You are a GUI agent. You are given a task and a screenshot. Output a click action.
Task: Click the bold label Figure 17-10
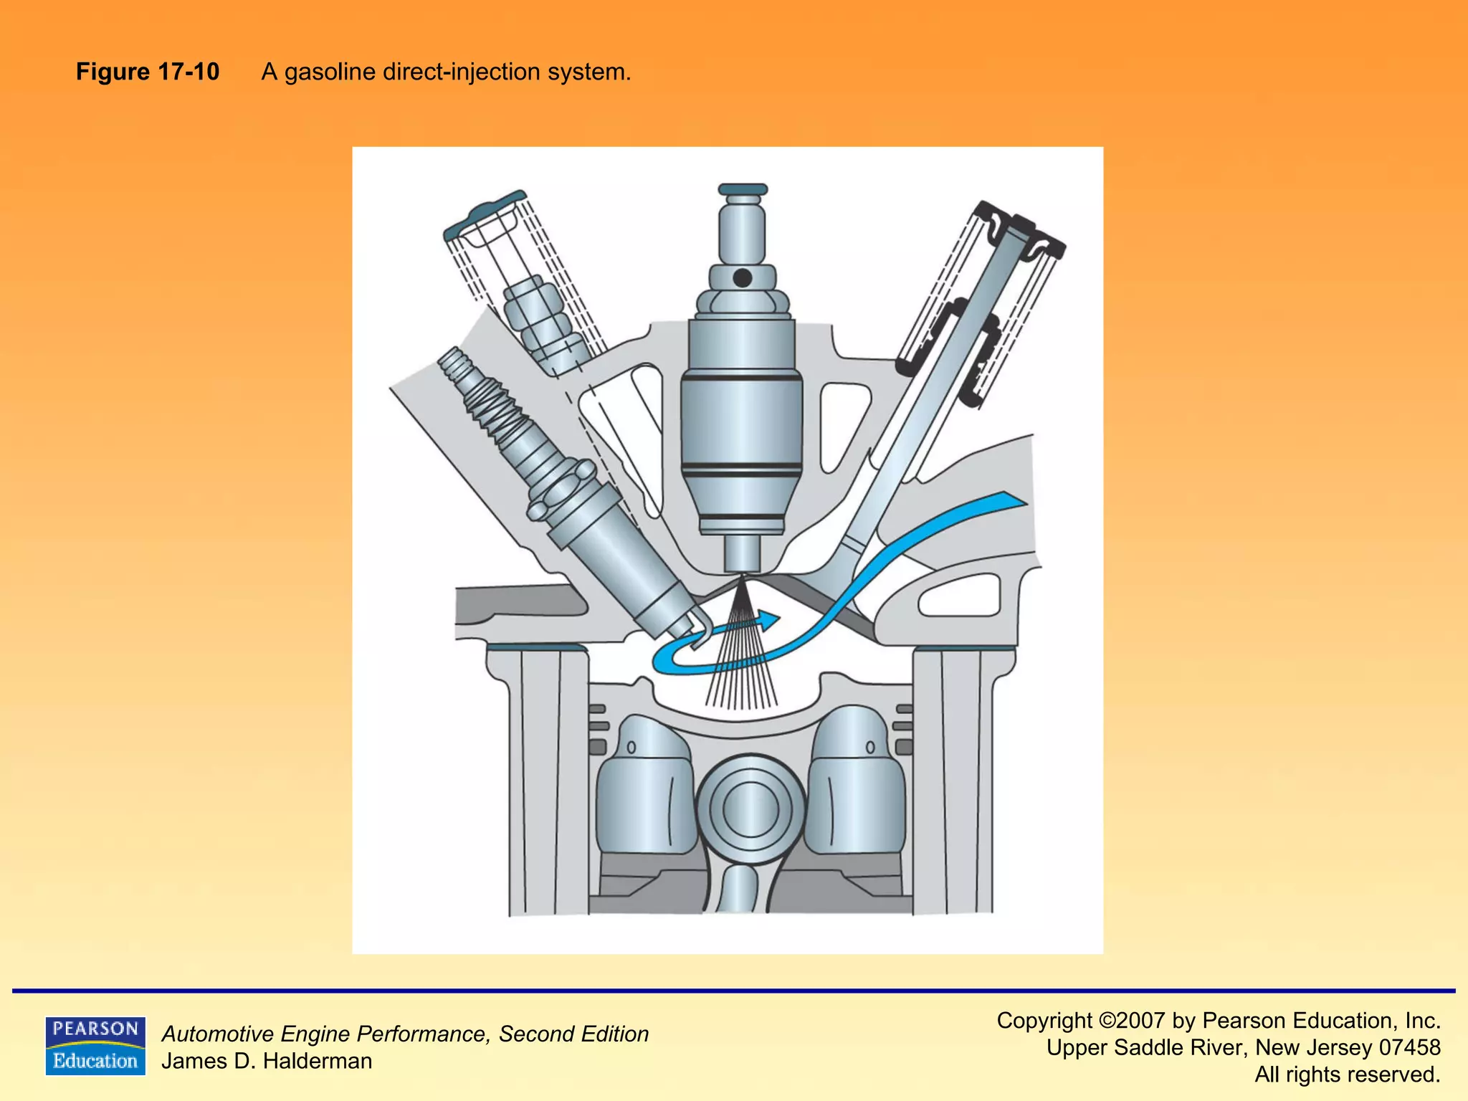coord(147,72)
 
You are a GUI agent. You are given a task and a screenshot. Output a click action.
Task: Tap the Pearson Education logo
coord(95,1046)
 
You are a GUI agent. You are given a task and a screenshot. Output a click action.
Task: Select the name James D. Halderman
coord(267,1061)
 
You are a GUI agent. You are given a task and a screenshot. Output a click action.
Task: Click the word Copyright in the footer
coord(1044,1020)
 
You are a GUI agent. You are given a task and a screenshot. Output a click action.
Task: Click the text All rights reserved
coord(1347,1074)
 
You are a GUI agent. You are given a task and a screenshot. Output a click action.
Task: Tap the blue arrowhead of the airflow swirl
coord(770,620)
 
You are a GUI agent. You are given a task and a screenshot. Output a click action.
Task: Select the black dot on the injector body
coord(743,277)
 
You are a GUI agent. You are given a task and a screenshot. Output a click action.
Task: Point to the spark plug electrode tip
coord(699,631)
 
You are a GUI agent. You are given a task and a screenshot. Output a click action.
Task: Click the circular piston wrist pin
coord(750,809)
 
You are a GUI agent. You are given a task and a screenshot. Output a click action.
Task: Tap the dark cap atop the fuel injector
coord(743,189)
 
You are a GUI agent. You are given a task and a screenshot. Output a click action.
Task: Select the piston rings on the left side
coord(598,728)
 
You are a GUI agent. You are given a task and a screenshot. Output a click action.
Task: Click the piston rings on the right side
coord(904,728)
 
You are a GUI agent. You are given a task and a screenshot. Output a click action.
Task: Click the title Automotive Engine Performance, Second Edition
coord(405,1034)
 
